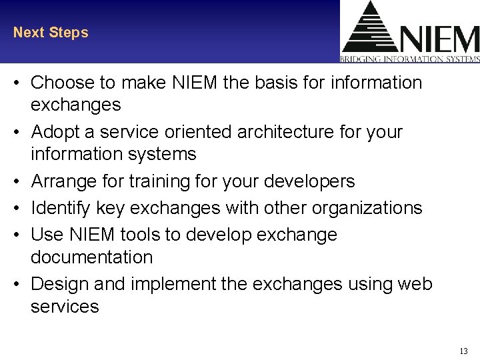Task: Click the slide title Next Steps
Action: coord(51,33)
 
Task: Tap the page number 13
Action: coord(464,351)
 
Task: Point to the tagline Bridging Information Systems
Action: coord(409,59)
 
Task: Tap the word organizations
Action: coord(368,208)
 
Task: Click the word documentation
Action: coord(92,257)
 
